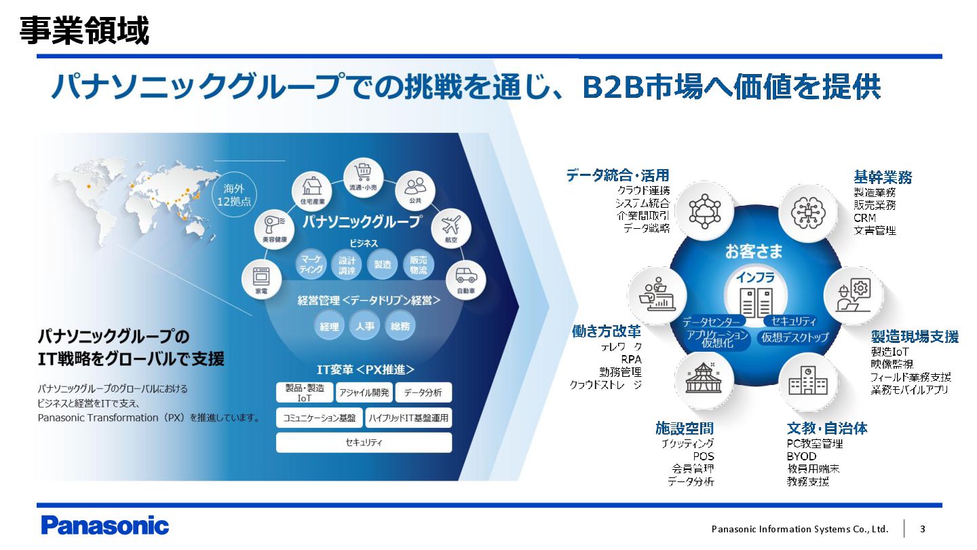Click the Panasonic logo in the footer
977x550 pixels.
[104, 526]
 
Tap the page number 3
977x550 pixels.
[922, 529]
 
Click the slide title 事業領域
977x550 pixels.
[84, 31]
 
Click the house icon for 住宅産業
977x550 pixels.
[312, 185]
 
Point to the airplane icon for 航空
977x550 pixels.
[450, 225]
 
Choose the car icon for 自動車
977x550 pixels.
[465, 276]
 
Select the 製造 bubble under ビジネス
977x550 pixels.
[383, 265]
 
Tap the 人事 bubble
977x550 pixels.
[364, 327]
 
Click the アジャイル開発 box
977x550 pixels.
[364, 392]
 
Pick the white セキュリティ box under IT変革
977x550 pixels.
[364, 443]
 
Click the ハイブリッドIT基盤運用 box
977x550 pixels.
[408, 418]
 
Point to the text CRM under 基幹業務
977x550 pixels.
[865, 218]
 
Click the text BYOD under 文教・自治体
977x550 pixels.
[801, 456]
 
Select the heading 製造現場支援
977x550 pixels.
[915, 337]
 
